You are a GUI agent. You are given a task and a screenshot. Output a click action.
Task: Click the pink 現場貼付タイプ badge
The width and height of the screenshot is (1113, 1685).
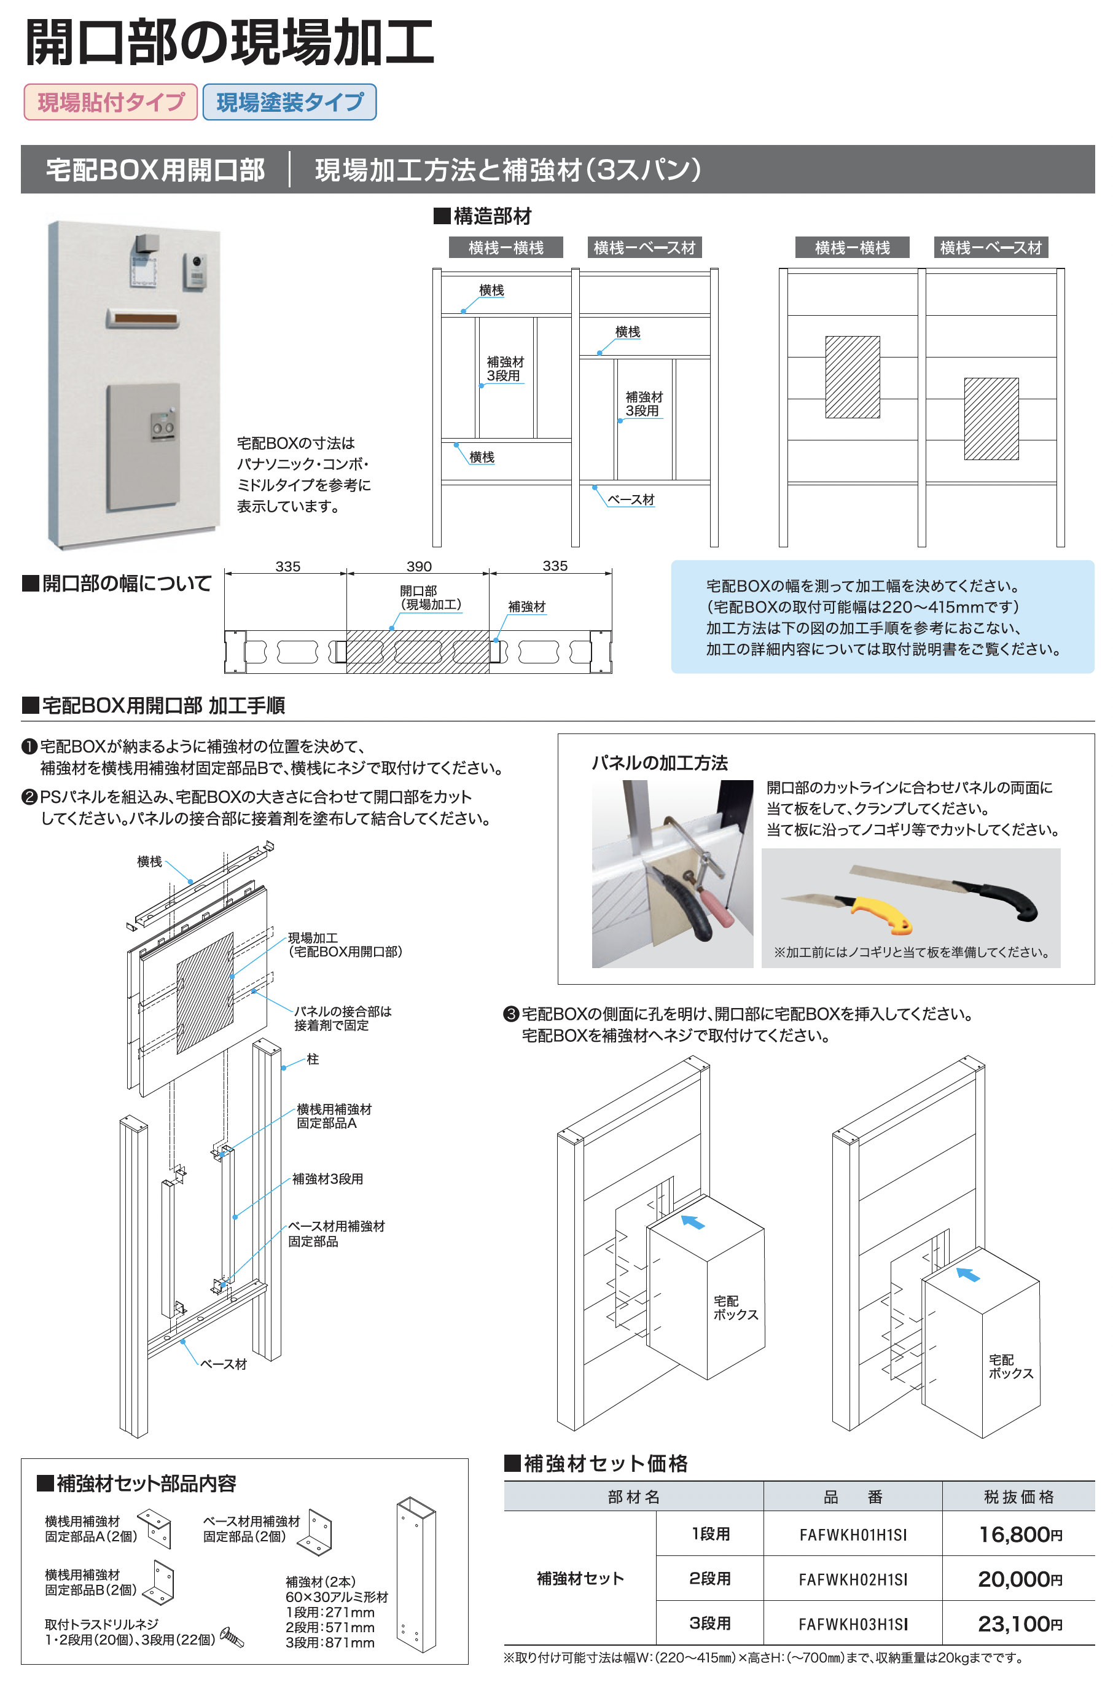[x=111, y=102]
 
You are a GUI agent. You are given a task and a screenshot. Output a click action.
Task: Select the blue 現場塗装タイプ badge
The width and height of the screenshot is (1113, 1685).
[x=289, y=102]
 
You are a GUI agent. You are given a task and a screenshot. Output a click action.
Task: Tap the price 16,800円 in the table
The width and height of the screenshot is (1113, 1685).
[x=1019, y=1534]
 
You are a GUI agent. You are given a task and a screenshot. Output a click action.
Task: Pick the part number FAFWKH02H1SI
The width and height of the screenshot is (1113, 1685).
[x=853, y=1579]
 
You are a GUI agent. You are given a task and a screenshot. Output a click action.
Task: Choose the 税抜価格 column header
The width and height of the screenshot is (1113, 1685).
[x=1018, y=1497]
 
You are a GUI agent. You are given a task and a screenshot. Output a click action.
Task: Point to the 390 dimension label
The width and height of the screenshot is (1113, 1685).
[x=419, y=566]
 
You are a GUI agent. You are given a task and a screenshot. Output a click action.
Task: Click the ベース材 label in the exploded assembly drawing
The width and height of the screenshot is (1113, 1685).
[x=224, y=1364]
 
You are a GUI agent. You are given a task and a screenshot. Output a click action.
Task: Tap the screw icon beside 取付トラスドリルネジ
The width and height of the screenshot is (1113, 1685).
[x=232, y=1636]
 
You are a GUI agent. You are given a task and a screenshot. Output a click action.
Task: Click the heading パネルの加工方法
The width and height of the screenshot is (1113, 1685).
[x=660, y=763]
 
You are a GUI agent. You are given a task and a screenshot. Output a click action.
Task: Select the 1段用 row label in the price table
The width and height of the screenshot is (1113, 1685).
[x=711, y=1534]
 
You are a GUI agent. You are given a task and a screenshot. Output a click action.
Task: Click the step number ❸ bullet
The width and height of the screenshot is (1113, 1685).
[x=510, y=1014]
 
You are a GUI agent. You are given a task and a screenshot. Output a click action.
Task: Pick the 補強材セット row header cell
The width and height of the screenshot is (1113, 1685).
[x=580, y=1578]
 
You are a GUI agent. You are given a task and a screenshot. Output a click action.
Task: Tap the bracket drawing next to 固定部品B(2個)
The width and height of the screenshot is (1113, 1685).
[x=160, y=1582]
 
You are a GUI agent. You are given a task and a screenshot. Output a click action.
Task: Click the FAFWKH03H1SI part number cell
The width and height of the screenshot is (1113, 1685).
[x=853, y=1624]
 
